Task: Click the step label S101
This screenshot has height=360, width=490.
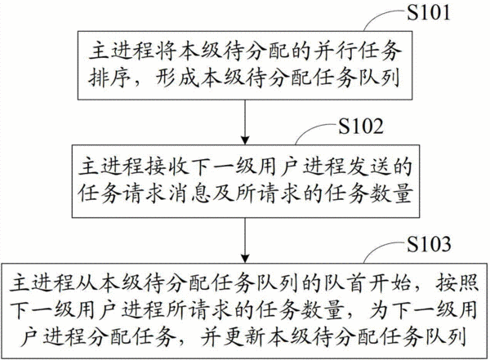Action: (x=428, y=12)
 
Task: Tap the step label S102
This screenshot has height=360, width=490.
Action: (x=361, y=127)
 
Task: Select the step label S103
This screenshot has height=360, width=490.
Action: (x=429, y=244)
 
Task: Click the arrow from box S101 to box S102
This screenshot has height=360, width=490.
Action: (x=245, y=122)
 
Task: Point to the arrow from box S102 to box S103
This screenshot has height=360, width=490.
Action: (x=245, y=240)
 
